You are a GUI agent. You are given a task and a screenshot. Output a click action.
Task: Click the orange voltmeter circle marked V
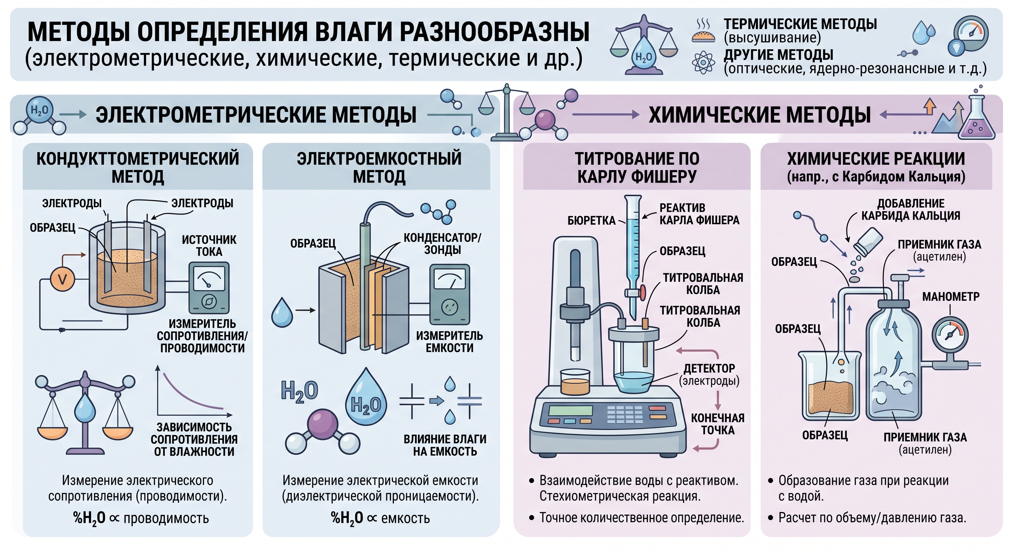(63, 279)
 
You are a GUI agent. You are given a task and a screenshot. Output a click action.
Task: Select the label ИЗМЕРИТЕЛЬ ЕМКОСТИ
(449, 341)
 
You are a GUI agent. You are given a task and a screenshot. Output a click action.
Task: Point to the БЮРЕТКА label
(591, 221)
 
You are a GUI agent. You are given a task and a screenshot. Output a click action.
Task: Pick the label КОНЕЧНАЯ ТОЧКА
(718, 424)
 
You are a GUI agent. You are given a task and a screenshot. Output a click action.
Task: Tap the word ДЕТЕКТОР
(709, 368)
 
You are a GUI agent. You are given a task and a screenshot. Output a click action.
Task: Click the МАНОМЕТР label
(950, 296)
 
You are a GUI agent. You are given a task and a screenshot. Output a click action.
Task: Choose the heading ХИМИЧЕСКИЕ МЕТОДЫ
(759, 115)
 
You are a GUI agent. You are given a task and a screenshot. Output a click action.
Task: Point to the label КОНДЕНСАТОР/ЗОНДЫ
(442, 244)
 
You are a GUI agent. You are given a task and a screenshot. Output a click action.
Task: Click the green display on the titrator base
(570, 410)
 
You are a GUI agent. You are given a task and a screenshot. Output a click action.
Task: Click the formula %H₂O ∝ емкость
(380, 518)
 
